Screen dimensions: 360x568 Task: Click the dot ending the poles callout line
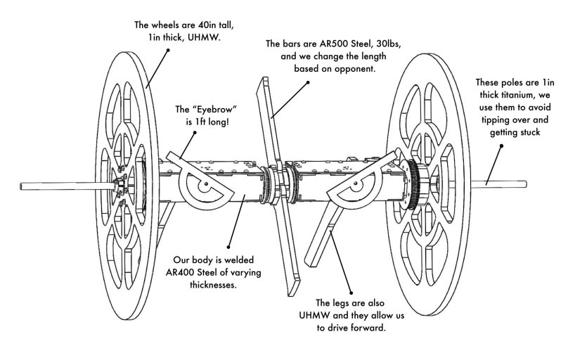pyautogui.click(x=502, y=146)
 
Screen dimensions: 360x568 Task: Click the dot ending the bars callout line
pyautogui.click(x=308, y=83)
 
